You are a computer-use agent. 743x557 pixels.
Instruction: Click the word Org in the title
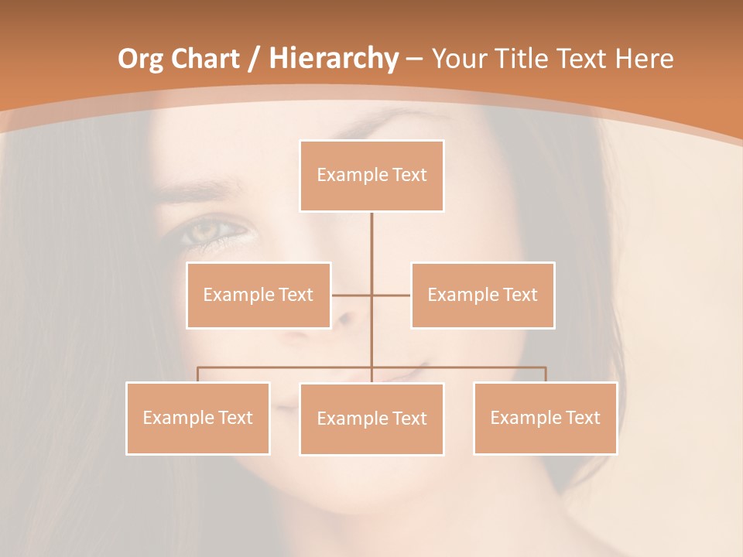(141, 58)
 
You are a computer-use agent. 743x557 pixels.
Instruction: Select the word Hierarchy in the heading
(334, 58)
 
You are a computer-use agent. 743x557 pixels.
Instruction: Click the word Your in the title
(461, 58)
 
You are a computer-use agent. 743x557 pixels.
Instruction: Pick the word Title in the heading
(526, 58)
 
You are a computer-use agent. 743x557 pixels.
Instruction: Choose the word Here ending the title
(644, 58)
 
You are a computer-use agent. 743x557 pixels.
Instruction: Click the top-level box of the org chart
(371, 176)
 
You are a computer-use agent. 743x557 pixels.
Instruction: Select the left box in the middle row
(258, 295)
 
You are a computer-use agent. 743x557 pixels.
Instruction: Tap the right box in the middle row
(482, 295)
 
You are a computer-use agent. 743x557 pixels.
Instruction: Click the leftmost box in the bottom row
(197, 418)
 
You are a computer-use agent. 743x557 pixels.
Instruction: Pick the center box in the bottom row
(371, 419)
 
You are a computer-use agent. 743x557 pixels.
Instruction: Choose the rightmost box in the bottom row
(545, 418)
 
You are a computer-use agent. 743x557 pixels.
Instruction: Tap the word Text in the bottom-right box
(583, 418)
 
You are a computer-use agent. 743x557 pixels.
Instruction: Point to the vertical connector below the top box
(371, 248)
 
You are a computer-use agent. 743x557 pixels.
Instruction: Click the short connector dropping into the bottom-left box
(197, 374)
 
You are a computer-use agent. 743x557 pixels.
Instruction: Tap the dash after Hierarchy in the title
(414, 60)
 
